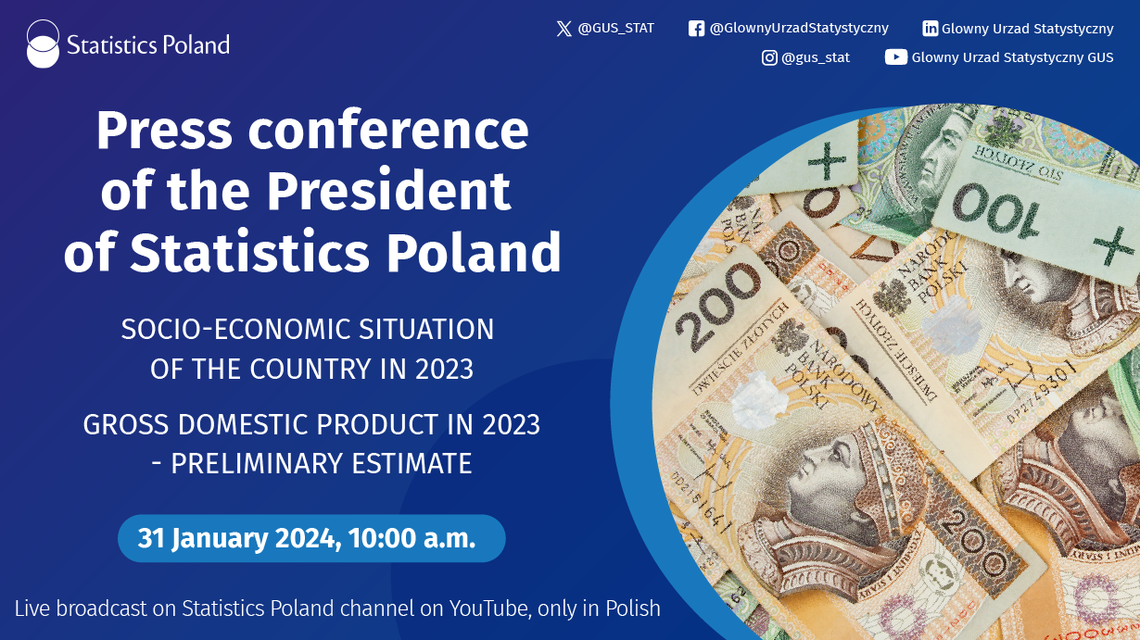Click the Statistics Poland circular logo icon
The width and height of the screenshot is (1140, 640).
click(x=43, y=44)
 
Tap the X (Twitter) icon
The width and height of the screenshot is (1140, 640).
click(x=564, y=29)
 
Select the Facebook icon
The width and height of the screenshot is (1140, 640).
click(x=696, y=29)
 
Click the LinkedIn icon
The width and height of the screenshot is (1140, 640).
click(x=930, y=29)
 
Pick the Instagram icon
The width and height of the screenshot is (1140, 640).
click(x=769, y=57)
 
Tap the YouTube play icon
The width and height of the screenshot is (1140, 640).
click(x=895, y=57)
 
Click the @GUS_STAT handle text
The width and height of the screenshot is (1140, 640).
click(x=615, y=29)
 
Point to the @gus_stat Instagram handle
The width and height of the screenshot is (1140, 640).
click(x=816, y=58)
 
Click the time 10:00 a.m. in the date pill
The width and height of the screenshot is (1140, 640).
click(x=412, y=538)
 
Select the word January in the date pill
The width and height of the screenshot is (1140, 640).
click(x=220, y=539)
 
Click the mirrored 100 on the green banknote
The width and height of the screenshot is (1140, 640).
click(x=996, y=210)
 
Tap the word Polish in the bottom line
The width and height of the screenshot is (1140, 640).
click(x=633, y=609)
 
